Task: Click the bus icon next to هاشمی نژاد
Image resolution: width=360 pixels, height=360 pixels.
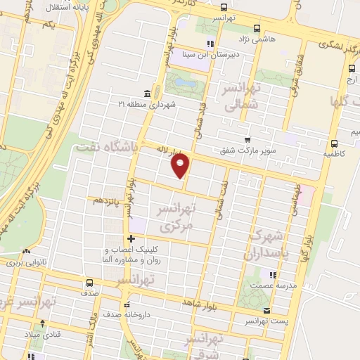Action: pyautogui.click(x=256, y=29)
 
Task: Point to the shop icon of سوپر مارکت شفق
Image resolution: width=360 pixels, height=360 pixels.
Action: pyautogui.click(x=246, y=139)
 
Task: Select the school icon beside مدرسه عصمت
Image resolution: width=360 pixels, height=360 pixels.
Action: pyautogui.click(x=272, y=274)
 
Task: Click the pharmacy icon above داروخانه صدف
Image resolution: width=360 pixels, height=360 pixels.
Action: pyautogui.click(x=127, y=305)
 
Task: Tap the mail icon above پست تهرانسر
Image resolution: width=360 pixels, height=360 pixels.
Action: pyautogui.click(x=266, y=311)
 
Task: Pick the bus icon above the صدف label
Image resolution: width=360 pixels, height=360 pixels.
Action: pyautogui.click(x=89, y=282)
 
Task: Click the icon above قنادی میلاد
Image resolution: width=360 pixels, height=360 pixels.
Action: pyautogui.click(x=44, y=323)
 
